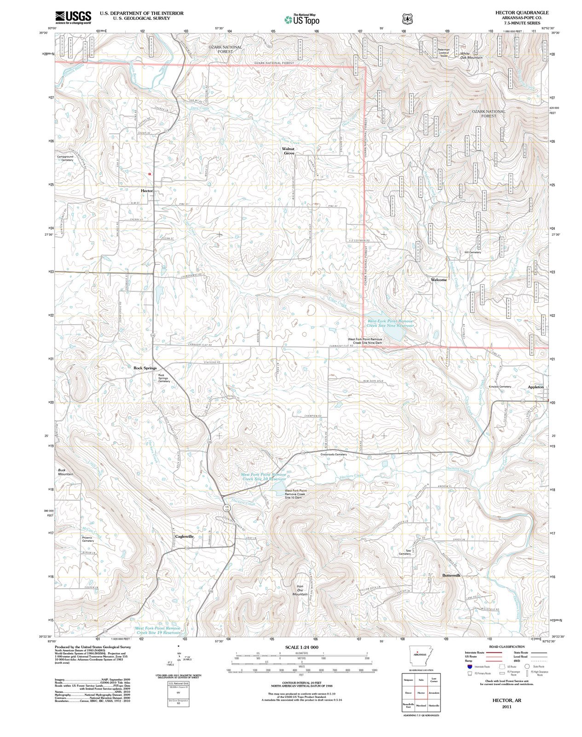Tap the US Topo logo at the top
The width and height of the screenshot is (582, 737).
tap(302, 19)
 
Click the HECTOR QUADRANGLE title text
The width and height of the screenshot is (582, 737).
tap(522, 12)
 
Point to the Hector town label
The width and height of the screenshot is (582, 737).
tap(146, 190)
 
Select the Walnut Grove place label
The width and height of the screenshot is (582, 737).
tap(288, 151)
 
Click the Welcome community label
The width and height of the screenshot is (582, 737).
tap(438, 280)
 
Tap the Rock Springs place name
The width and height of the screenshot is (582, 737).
tap(145, 368)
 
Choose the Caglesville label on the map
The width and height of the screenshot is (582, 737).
tap(184, 536)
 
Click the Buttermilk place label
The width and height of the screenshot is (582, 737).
tap(451, 575)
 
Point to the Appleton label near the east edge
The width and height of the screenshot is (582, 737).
tap(536, 387)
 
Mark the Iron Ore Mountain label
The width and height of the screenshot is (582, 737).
tap(300, 591)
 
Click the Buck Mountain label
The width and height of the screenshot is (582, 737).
tap(65, 472)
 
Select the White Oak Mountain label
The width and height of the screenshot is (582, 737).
tap(471, 55)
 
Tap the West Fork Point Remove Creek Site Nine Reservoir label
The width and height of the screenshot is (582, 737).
tap(390, 323)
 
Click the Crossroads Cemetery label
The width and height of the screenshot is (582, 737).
tap(334, 455)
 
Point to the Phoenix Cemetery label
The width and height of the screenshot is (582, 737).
tap(87, 539)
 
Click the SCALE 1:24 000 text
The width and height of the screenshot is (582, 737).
tap(301, 647)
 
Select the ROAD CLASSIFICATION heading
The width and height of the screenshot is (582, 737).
tap(505, 647)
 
